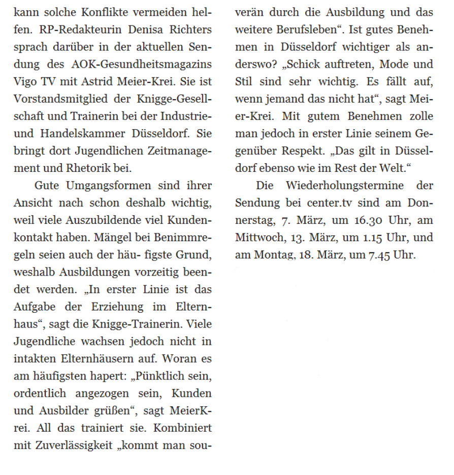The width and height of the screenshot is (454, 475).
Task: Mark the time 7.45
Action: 373,254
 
